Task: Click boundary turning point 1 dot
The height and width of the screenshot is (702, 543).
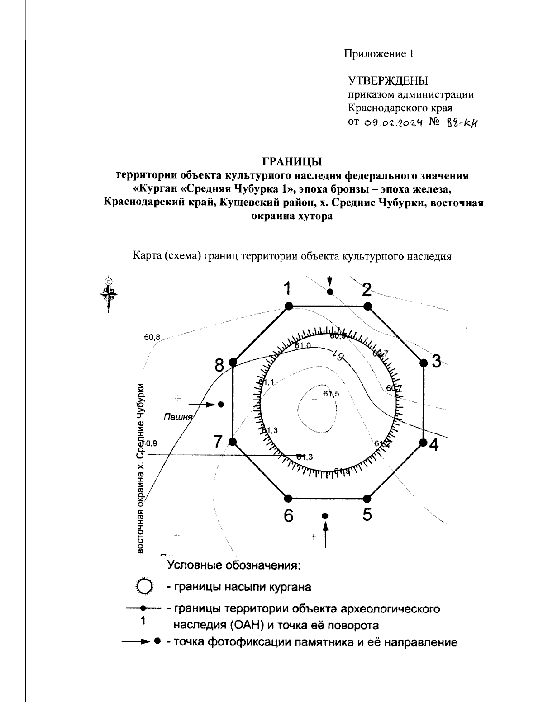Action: pos(289,306)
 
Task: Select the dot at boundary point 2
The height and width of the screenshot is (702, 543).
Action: pos(367,306)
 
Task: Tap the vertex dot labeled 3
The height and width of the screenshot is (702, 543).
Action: pos(424,363)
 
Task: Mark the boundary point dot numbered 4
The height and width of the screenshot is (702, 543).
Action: pos(423,442)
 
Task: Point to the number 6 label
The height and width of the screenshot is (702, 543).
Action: pos(289,515)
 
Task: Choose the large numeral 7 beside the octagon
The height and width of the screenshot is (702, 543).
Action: pos(219,442)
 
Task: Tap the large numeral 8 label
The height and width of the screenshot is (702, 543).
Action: pos(220,365)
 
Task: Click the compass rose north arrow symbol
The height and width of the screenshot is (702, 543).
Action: pos(108,294)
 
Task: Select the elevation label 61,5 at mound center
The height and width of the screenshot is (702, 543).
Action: pos(331,394)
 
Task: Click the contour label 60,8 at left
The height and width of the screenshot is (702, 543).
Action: pos(152,337)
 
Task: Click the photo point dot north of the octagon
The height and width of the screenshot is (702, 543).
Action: pos(330,292)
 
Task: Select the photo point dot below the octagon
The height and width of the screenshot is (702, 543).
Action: pos(324,516)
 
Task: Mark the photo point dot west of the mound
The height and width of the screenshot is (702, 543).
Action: pos(221,405)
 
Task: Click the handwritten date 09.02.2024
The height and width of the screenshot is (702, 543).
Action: pos(393,122)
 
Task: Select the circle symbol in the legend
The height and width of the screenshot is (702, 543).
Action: pos(145,586)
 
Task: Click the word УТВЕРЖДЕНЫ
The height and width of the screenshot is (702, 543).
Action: pos(388,81)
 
